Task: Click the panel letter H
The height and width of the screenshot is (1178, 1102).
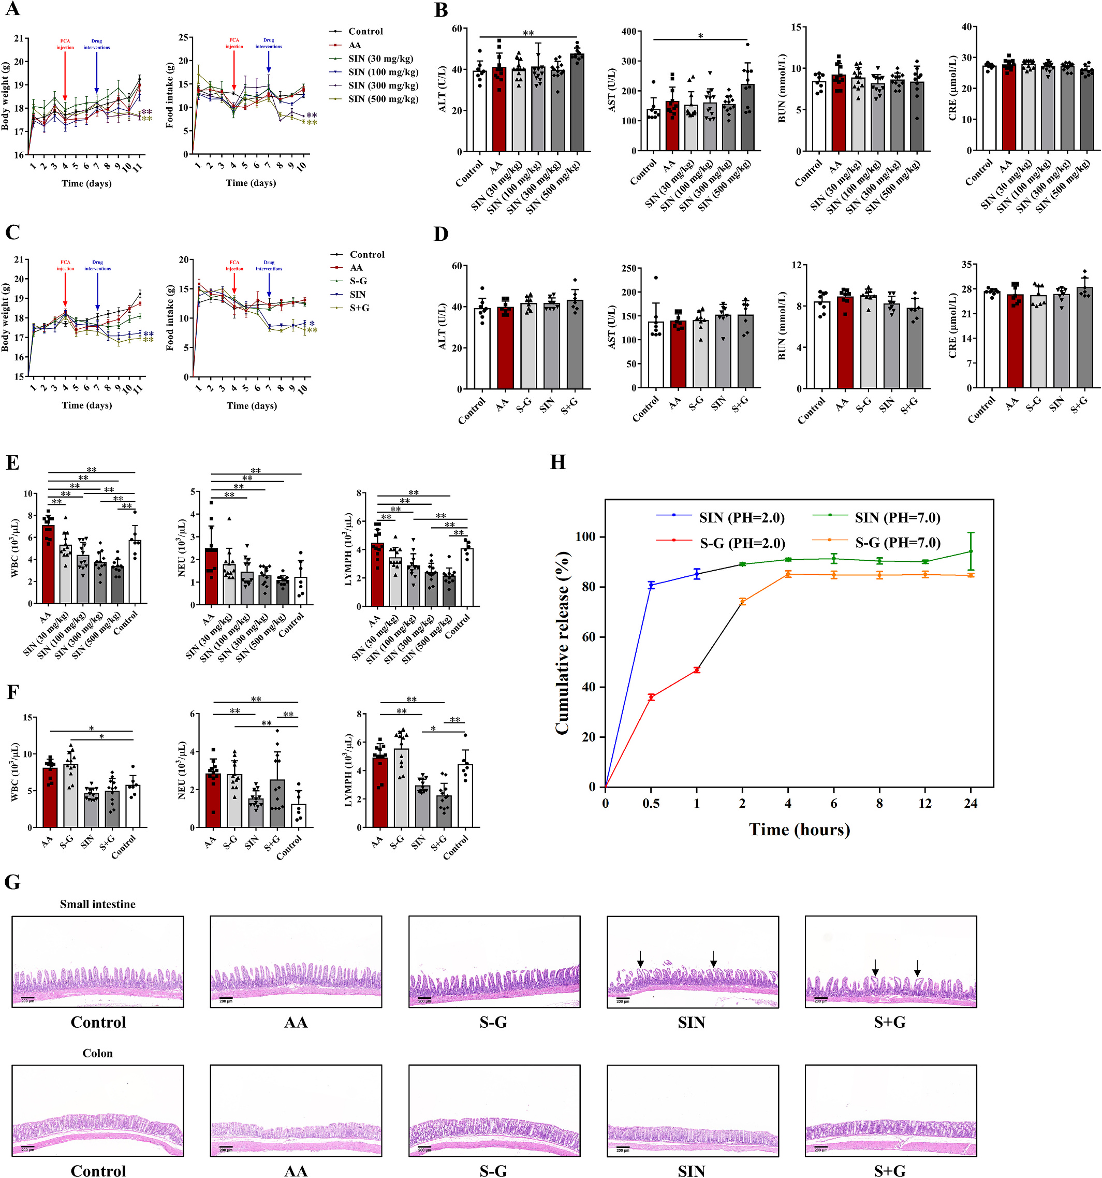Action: coord(557,462)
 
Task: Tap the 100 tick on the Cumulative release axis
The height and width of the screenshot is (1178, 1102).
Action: coord(586,537)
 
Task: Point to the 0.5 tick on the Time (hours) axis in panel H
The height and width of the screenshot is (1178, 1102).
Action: coord(651,804)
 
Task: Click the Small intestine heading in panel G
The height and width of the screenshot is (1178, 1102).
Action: coord(97,904)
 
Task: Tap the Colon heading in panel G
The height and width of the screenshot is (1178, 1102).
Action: coord(97,1053)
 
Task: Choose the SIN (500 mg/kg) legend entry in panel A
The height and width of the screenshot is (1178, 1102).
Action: coord(383,99)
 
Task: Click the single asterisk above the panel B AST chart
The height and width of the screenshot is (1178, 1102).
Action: coord(700,37)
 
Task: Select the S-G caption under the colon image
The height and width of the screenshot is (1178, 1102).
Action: coord(493,1170)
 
